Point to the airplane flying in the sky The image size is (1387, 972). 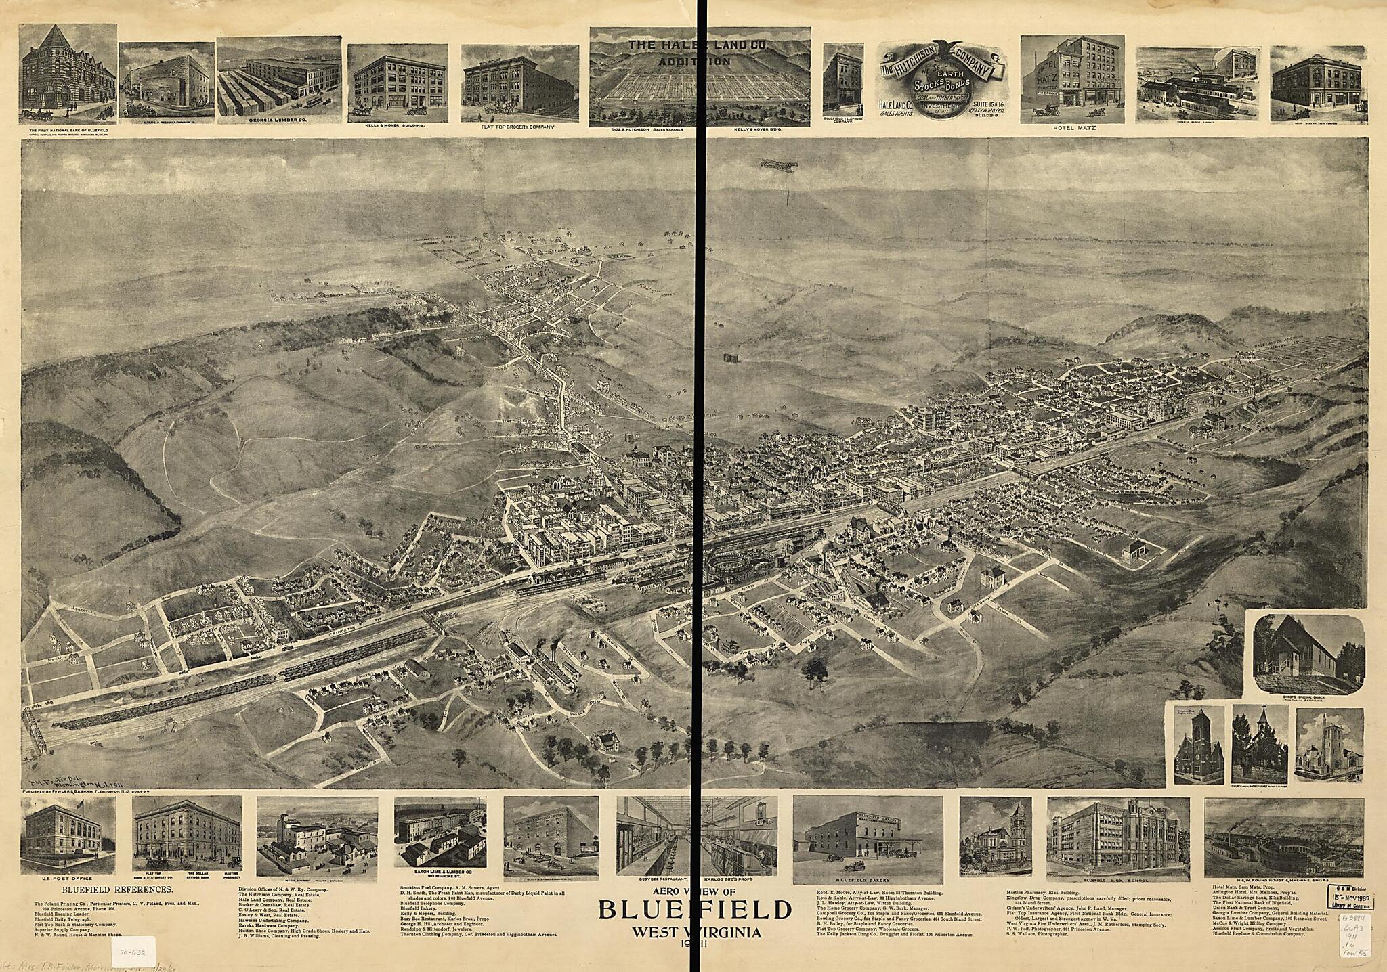(778, 164)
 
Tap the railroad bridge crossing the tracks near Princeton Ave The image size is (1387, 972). (432, 621)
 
